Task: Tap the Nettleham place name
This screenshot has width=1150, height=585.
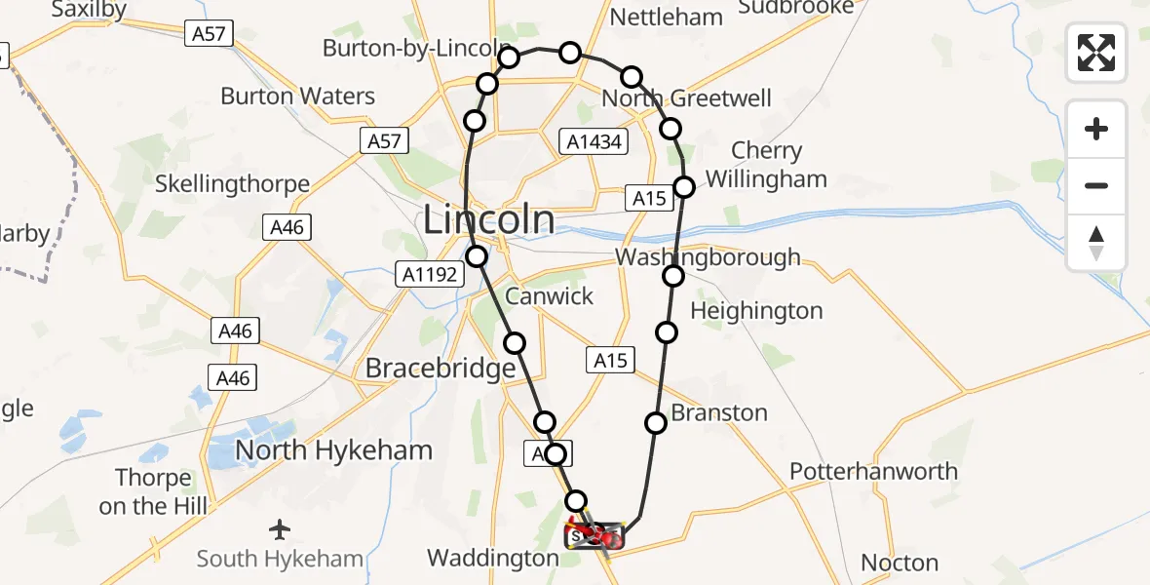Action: coord(666,17)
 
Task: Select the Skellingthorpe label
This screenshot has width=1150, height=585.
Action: coord(233,183)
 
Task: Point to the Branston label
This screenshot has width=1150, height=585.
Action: coord(719,412)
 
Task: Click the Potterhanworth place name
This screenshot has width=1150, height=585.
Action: coord(860,471)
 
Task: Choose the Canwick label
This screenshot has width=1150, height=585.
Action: coord(549,295)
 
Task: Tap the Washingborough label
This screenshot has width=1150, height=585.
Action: coord(708,257)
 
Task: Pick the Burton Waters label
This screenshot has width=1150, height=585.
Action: coord(297,96)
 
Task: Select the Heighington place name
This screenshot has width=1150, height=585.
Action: coord(756,311)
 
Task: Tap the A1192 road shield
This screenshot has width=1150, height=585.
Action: coord(429,275)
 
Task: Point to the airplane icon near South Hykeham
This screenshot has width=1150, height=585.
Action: coord(280,529)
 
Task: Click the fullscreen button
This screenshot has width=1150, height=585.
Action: coord(1096,53)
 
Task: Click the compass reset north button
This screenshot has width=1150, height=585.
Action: coord(1096,243)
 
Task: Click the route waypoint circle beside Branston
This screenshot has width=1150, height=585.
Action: coord(656,422)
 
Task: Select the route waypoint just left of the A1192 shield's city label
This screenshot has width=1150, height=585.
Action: coord(477,256)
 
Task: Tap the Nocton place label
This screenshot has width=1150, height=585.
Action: coord(900,563)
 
